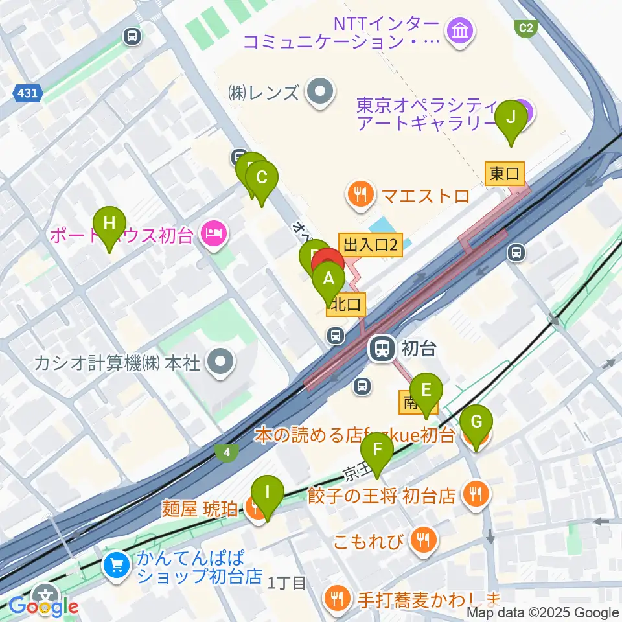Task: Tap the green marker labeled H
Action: pos(109,224)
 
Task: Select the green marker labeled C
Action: pos(262,179)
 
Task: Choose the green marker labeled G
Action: pos(476,424)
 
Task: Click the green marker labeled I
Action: pos(268,493)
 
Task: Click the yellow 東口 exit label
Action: pos(505,173)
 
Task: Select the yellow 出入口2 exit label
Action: pos(370,244)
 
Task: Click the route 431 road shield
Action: pos(27,94)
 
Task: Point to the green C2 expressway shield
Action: pos(525,27)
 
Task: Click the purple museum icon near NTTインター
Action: pos(461,30)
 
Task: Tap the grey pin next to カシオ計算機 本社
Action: pos(220,361)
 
